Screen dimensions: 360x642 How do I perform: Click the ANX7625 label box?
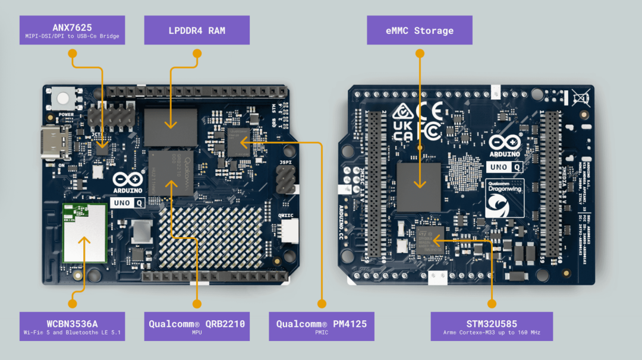tap(72, 30)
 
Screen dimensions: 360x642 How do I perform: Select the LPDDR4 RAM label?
tap(197, 30)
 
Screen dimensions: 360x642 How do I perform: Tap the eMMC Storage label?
tap(419, 30)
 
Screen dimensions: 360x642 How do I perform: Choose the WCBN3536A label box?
tap(72, 326)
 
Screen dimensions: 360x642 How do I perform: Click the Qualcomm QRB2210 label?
tap(197, 326)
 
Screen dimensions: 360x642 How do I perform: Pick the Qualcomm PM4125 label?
tap(322, 326)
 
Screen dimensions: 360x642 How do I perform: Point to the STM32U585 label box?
tap(492, 326)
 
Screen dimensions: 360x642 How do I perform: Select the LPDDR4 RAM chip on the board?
tap(171, 127)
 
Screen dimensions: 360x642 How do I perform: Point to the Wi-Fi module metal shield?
tap(84, 241)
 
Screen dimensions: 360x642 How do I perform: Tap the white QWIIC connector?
tap(290, 230)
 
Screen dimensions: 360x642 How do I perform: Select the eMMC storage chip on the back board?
tap(418, 187)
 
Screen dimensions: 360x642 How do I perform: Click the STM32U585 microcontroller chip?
tap(430, 240)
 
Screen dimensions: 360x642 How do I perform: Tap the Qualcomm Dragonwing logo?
tap(504, 198)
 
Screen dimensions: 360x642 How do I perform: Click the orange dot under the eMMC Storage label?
tap(420, 53)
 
